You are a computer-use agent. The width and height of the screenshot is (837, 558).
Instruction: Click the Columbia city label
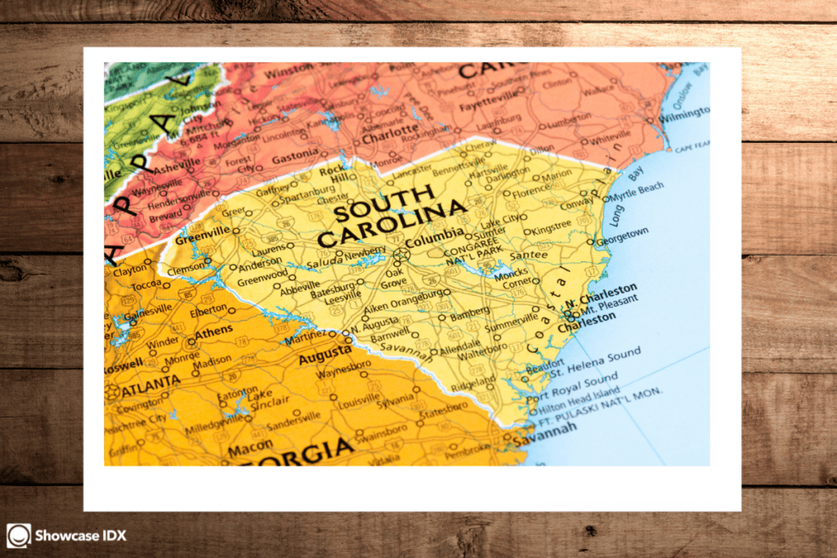click(434, 243)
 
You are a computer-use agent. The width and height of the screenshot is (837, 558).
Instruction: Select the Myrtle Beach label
click(638, 190)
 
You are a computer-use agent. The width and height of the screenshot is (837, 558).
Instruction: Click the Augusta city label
click(325, 358)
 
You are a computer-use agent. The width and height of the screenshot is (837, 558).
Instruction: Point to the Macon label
click(250, 447)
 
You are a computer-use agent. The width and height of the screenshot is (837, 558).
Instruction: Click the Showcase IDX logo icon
click(18, 536)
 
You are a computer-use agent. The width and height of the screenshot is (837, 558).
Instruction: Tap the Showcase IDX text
click(81, 536)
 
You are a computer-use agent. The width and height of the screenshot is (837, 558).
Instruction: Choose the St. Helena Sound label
click(595, 357)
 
